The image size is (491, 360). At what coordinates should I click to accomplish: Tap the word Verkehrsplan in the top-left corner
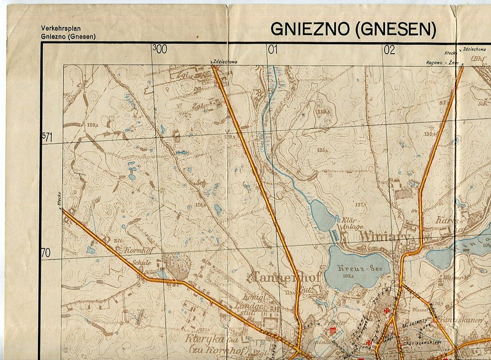coord(61,29)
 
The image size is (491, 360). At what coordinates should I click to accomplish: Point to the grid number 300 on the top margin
coord(159,48)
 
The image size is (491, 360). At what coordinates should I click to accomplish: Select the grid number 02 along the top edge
coord(389,49)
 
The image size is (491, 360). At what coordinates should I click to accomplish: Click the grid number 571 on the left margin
coord(47,138)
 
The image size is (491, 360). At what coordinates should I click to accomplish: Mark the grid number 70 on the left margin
coord(46,253)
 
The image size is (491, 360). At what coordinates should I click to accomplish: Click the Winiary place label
coord(384,237)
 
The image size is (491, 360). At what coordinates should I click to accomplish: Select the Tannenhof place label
coord(279,277)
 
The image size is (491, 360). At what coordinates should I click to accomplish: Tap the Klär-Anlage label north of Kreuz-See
coord(352,223)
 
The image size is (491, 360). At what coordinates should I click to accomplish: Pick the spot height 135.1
coord(322,150)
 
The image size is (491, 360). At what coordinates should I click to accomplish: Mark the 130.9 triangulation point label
coord(429,134)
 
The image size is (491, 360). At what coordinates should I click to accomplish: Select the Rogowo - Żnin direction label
coord(442,63)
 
